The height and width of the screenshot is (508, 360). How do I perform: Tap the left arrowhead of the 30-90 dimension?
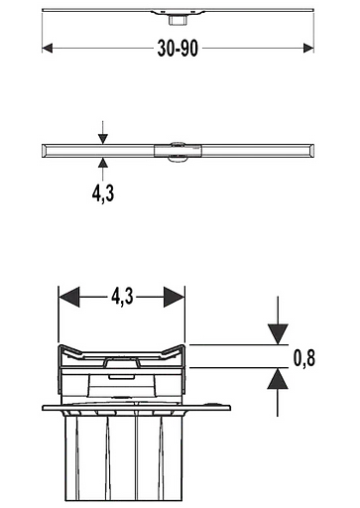click(x=48, y=47)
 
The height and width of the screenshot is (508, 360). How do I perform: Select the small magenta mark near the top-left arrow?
click(x=45, y=58)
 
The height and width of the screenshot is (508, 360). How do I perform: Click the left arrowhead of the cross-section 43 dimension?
click(x=69, y=296)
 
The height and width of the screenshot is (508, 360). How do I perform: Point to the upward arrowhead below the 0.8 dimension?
click(x=279, y=378)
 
